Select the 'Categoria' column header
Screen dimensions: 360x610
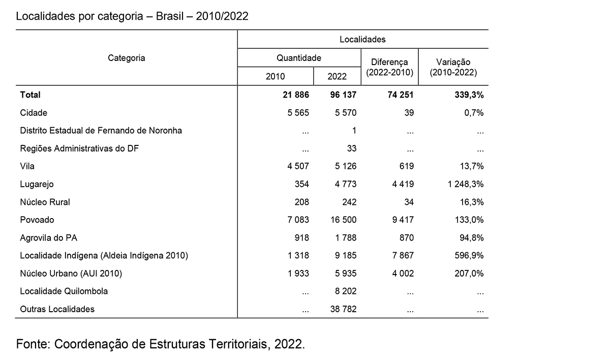(x=127, y=58)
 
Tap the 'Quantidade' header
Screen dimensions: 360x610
(x=299, y=58)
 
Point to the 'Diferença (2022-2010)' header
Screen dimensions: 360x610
(x=389, y=68)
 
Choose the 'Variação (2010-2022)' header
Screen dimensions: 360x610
(x=453, y=68)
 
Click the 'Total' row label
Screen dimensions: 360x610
(x=30, y=95)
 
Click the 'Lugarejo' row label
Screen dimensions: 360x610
(x=37, y=184)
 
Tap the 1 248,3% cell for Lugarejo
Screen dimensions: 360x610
(x=466, y=184)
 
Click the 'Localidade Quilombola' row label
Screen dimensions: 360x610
(x=64, y=291)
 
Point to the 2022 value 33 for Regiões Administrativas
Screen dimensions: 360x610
(x=351, y=148)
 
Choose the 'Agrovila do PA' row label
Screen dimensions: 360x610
(x=48, y=238)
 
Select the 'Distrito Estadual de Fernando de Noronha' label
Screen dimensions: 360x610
(x=101, y=131)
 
